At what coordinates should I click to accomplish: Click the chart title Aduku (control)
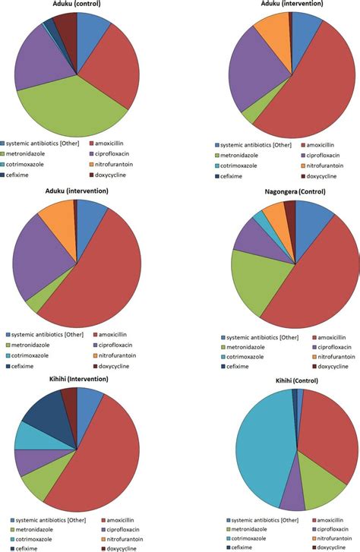(x=77, y=4)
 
